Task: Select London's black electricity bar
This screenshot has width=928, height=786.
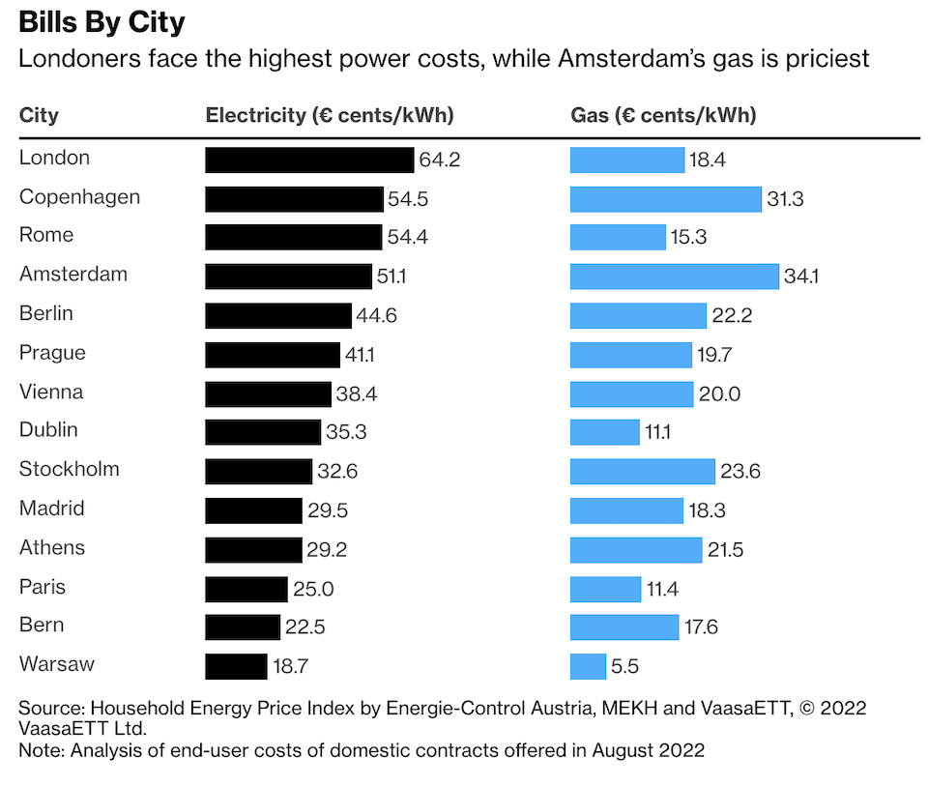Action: coord(309,160)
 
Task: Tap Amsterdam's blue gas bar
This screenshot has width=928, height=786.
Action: coord(674,277)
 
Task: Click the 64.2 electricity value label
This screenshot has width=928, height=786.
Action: coord(439,160)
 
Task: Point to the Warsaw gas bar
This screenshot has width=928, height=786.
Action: coord(588,666)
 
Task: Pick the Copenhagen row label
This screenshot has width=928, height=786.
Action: coord(79,197)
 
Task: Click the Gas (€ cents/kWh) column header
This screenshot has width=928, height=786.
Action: coord(663,115)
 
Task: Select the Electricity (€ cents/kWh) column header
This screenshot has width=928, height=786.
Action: coord(330,115)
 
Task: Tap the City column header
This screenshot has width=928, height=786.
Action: coord(39,115)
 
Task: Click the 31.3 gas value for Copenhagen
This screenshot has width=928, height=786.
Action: coord(785,199)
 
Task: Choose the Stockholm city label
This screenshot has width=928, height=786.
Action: coord(70,470)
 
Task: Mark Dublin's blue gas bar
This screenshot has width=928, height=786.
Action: coord(604,432)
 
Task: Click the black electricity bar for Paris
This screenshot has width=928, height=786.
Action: coord(246,589)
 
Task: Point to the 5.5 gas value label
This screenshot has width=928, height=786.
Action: coord(624,666)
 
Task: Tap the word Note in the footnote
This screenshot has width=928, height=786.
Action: coord(39,749)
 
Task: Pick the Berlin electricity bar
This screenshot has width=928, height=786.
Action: coord(278,315)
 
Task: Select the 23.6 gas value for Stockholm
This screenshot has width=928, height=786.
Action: coord(740,472)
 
